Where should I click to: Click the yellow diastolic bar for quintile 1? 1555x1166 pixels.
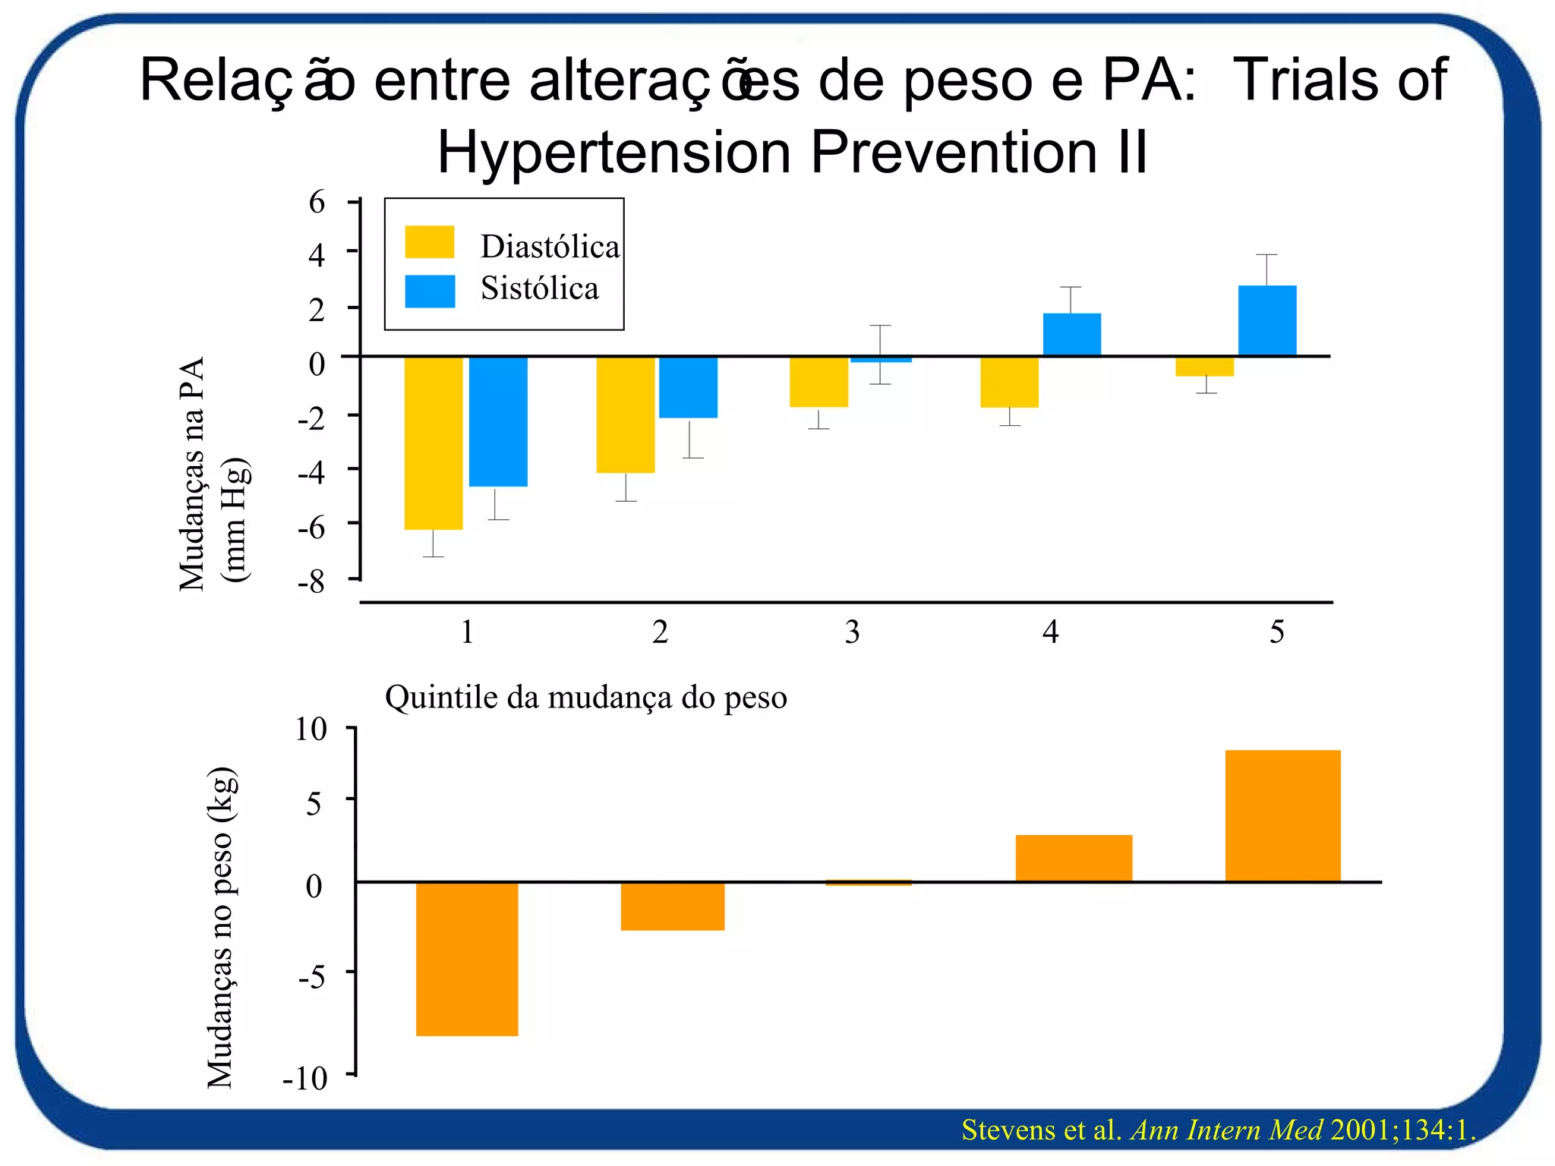click(433, 443)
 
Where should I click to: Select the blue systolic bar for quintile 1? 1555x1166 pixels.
click(498, 421)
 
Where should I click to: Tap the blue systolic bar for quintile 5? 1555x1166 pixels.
click(1266, 320)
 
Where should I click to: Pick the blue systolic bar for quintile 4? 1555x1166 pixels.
click(1071, 334)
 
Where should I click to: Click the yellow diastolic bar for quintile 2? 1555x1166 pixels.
click(625, 414)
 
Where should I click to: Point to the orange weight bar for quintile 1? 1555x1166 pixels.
click(467, 958)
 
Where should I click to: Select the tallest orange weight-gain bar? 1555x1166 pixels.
click(1282, 815)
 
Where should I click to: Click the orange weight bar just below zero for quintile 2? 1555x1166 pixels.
click(672, 906)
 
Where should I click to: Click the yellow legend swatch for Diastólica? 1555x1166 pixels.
click(429, 242)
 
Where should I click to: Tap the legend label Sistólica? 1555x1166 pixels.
click(539, 289)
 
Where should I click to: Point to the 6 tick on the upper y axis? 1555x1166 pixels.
click(317, 202)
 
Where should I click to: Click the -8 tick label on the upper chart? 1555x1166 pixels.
click(311, 582)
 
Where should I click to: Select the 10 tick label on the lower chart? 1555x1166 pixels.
click(311, 730)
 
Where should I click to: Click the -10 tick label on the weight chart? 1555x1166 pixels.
click(305, 1078)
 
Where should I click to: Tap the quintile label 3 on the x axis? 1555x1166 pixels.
click(852, 632)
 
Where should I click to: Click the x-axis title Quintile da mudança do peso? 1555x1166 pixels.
click(585, 697)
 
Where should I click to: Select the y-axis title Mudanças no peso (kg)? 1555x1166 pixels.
click(220, 928)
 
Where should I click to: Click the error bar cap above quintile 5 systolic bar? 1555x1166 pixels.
click(1266, 255)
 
